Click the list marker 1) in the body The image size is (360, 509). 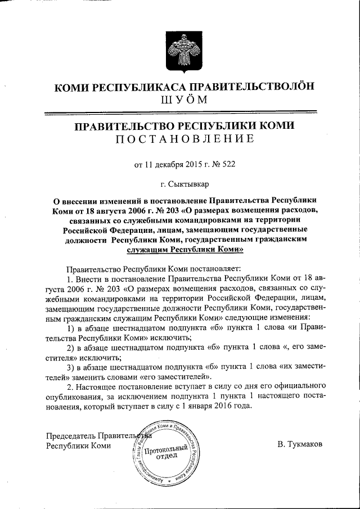[71, 328]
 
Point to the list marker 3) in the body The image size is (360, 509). [71, 367]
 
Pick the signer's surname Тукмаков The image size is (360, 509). [300, 444]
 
